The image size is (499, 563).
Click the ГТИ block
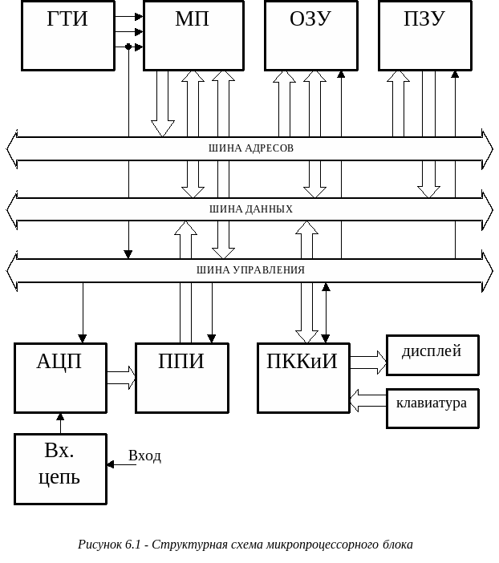pos(68,35)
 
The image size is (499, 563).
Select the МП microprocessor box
pos(193,35)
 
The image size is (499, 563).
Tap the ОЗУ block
pos(310,35)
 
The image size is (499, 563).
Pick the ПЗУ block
pos(424,35)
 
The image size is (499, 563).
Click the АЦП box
pos(60,378)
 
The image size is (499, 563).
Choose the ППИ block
pos(181,378)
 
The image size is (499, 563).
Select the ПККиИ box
pos(303,378)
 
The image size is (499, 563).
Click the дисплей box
pos(432,354)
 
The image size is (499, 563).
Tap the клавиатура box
pos(432,407)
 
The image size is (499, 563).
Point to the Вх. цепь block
pos(60,468)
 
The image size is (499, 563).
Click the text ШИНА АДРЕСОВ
pos(251,148)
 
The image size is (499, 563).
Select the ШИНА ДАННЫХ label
pos(251,209)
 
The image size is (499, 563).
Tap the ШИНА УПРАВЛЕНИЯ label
pos(250,270)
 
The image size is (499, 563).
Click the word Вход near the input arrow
pos(145,456)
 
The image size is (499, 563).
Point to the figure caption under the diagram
pos(245,545)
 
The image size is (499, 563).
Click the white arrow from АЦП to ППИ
pos(121,377)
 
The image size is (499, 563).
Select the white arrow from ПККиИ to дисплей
pos(368,363)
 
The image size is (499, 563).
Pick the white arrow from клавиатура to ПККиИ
pos(368,400)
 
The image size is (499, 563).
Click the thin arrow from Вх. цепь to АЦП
pos(60,423)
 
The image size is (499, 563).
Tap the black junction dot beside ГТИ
pos(128,47)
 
